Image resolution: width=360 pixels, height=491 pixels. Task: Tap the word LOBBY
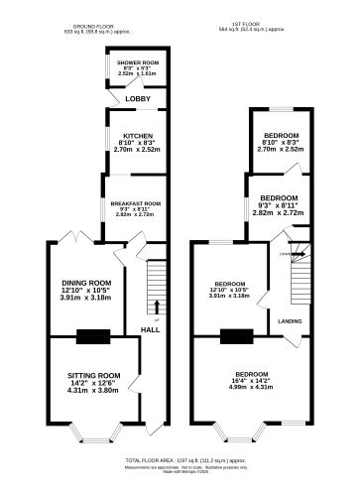pyautogui.click(x=137, y=99)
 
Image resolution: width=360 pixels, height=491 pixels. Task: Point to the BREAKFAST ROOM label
pyautogui.click(x=136, y=201)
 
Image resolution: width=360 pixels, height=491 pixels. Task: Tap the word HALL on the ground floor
pyautogui.click(x=149, y=329)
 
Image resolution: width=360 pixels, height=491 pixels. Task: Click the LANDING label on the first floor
pyautogui.click(x=290, y=321)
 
